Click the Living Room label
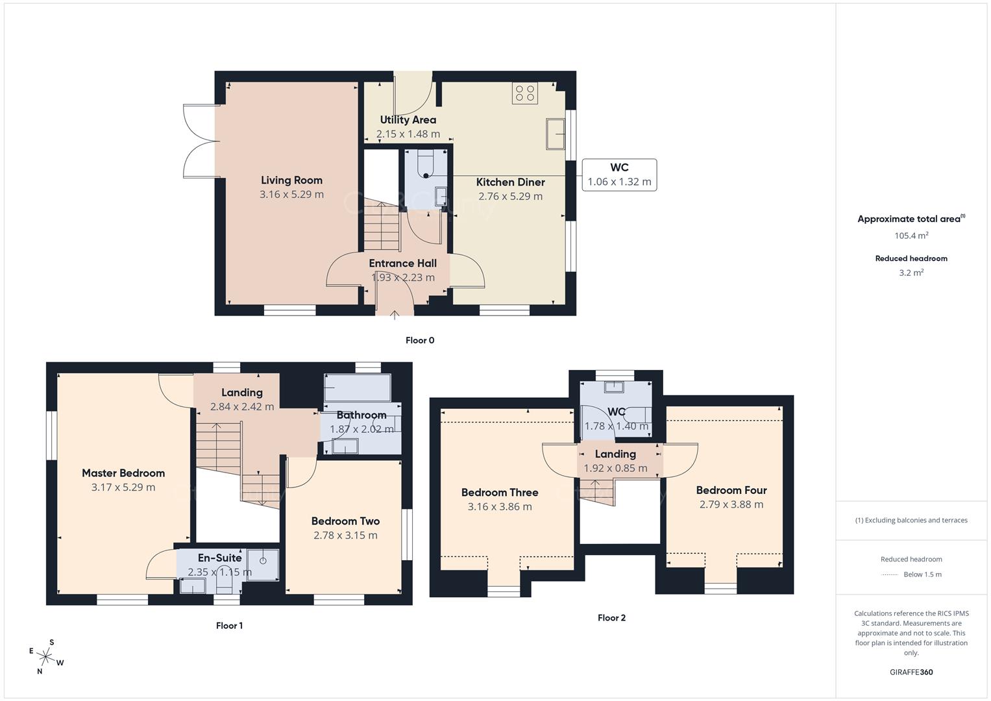(x=291, y=180)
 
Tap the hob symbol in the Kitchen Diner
(x=524, y=93)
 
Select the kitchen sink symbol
(x=555, y=134)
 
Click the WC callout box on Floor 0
(x=619, y=175)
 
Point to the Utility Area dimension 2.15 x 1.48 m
(x=408, y=134)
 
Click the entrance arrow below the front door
(x=395, y=315)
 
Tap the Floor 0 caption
(x=419, y=340)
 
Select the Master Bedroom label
(x=123, y=473)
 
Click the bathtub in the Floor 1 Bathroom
(x=358, y=387)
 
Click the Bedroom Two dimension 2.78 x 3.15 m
(x=345, y=535)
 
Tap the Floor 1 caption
(x=229, y=626)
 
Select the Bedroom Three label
(x=500, y=493)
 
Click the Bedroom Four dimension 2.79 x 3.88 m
(x=731, y=504)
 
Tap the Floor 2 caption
(x=611, y=618)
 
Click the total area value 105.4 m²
(x=911, y=236)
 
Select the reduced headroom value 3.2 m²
(x=911, y=273)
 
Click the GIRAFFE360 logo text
(x=911, y=672)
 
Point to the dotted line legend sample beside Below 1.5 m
(x=890, y=574)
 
